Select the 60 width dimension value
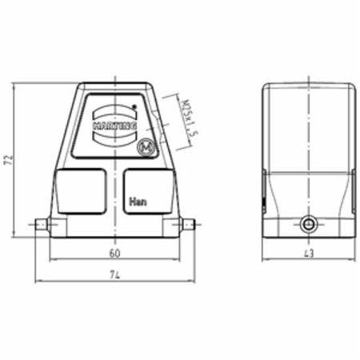[114, 253]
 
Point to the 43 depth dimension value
[309, 253]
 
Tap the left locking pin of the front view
[45, 225]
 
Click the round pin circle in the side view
[308, 225]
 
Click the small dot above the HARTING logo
[135, 106]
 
